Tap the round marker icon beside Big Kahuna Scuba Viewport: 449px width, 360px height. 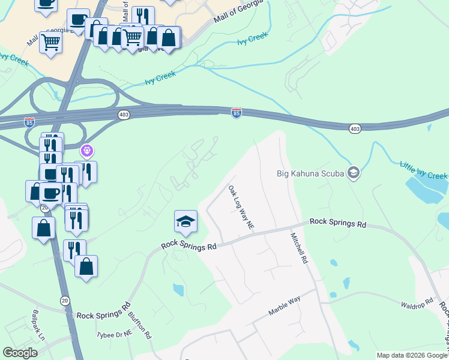pyautogui.click(x=353, y=173)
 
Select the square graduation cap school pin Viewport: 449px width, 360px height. pyautogui.click(x=186, y=222)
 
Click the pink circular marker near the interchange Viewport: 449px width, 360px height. pyautogui.click(x=87, y=149)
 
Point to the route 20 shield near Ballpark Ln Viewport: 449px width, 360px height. pyautogui.click(x=64, y=299)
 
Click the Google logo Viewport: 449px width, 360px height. pyautogui.click(x=20, y=353)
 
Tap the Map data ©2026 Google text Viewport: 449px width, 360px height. pyautogui.click(x=411, y=355)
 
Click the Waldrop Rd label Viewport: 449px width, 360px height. pyautogui.click(x=417, y=305)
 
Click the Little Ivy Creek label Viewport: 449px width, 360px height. pyautogui.click(x=424, y=170)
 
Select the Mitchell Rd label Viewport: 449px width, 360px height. pyautogui.click(x=300, y=249)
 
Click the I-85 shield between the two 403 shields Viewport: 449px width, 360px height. pyautogui.click(x=237, y=113)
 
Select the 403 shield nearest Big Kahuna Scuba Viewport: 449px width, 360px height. pyautogui.click(x=355, y=128)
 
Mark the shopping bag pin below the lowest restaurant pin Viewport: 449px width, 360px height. pyautogui.click(x=86, y=267)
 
